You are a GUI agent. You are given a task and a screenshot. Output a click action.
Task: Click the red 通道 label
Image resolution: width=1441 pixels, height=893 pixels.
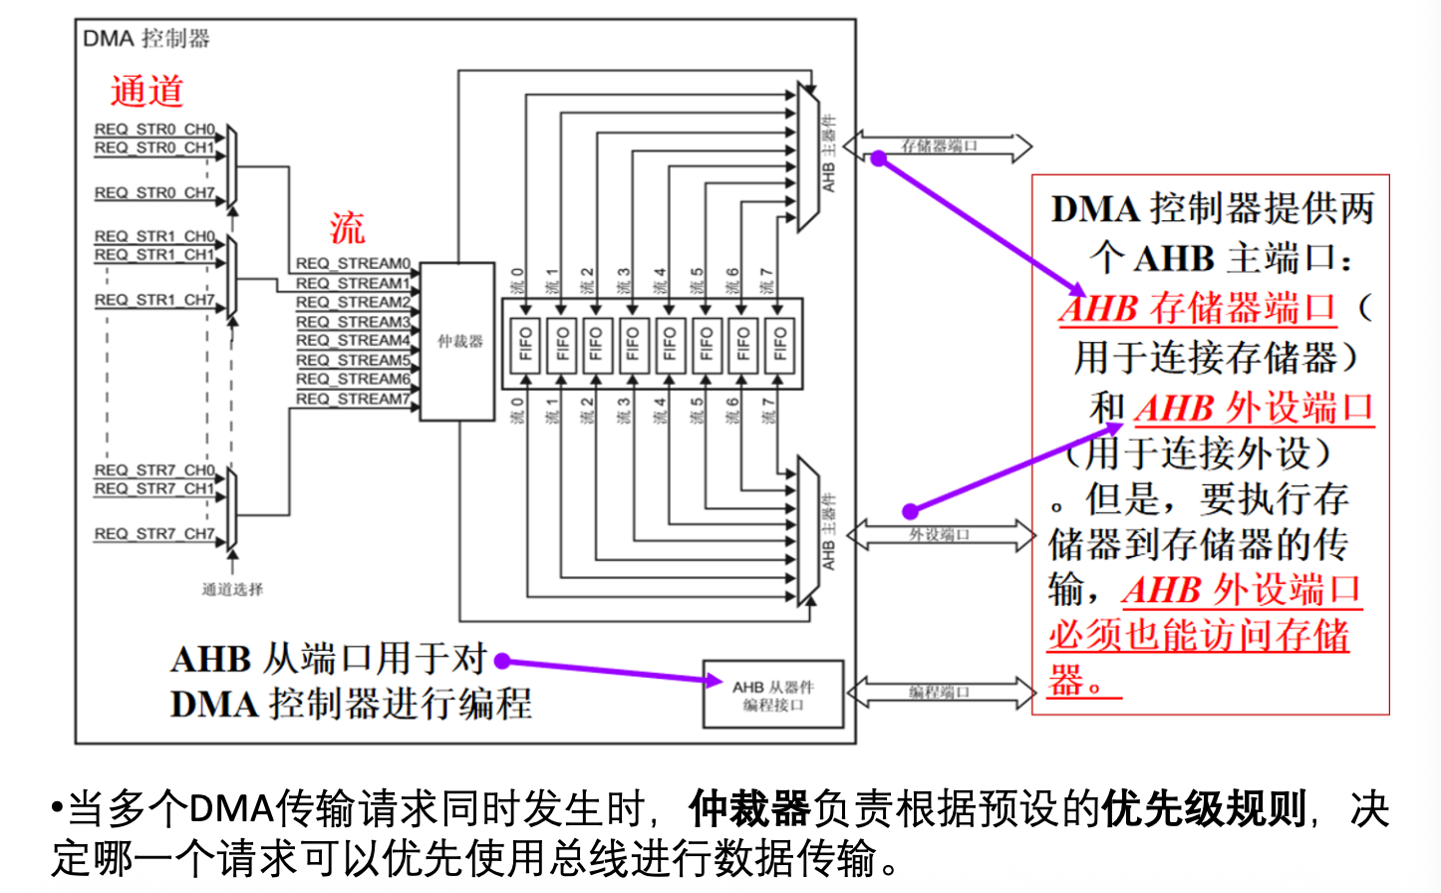click(x=146, y=91)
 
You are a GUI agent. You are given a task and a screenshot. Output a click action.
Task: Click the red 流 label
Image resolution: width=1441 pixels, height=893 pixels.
click(x=347, y=228)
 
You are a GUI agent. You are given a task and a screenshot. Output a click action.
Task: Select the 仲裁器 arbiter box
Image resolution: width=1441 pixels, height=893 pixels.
click(x=457, y=341)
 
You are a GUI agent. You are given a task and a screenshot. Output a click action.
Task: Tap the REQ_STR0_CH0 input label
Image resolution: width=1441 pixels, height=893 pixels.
click(x=154, y=130)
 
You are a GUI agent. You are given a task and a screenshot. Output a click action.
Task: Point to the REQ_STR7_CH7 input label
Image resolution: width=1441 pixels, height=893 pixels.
click(x=154, y=534)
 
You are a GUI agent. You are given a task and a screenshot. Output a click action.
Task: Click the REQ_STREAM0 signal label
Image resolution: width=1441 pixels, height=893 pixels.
click(x=353, y=263)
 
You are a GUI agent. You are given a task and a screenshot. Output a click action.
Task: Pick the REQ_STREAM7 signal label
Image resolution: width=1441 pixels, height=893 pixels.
click(x=353, y=399)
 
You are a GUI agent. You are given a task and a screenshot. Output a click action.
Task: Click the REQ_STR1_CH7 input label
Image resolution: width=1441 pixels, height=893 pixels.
click(x=154, y=300)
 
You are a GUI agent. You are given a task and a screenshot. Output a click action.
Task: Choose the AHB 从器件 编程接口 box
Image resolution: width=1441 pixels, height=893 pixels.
click(x=772, y=695)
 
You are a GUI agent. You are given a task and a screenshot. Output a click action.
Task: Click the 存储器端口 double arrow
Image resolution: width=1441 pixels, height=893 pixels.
click(x=939, y=147)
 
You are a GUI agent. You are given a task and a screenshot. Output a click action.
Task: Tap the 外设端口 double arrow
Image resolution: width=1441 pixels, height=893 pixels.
click(x=939, y=535)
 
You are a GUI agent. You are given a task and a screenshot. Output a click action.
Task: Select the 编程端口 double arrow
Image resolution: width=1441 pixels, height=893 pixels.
click(x=939, y=692)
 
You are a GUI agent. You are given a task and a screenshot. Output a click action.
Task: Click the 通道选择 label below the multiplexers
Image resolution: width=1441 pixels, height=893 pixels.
click(x=232, y=589)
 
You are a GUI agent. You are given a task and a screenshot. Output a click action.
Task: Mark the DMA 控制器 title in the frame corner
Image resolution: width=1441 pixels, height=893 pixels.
click(x=145, y=39)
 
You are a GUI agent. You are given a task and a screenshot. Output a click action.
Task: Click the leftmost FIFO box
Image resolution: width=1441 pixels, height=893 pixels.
click(x=526, y=344)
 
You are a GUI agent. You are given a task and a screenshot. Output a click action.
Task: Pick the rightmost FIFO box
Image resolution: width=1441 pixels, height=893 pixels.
click(x=780, y=344)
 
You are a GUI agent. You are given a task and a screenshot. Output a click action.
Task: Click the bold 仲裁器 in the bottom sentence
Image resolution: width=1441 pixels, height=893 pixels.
click(x=748, y=808)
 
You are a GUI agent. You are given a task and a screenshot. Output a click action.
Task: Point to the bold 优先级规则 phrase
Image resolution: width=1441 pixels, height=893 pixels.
click(x=1204, y=808)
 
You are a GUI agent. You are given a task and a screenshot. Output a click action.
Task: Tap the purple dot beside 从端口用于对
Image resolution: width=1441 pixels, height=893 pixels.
click(x=502, y=661)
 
